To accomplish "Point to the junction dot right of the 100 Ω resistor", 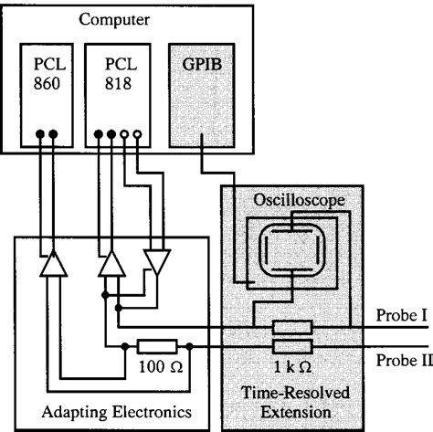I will [188, 347].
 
